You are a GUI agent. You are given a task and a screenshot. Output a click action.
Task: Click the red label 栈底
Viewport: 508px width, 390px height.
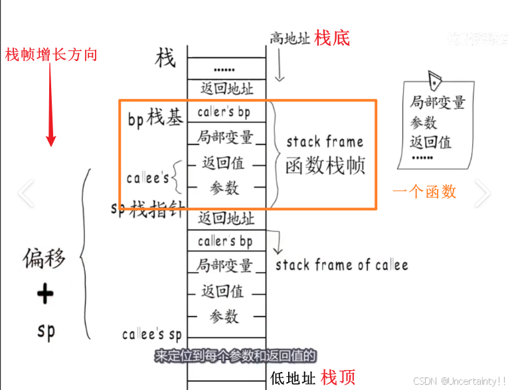[332, 38]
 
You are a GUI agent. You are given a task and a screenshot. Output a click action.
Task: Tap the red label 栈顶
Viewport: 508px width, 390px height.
[338, 377]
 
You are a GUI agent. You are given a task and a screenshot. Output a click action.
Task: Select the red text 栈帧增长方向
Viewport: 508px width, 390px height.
[51, 54]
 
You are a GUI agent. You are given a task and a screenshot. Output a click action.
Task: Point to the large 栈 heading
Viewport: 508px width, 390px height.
[165, 58]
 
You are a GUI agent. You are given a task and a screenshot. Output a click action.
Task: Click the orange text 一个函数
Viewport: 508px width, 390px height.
[424, 192]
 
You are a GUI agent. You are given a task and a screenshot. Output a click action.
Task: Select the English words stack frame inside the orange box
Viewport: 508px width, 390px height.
[325, 141]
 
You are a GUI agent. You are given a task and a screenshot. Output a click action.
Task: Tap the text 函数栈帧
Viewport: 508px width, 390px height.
[325, 165]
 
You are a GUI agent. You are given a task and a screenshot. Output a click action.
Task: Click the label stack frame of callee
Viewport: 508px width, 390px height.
[341, 265]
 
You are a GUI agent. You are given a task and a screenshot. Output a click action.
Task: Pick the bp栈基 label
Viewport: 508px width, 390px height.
[155, 119]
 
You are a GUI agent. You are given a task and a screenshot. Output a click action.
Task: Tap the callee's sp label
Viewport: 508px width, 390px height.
[152, 334]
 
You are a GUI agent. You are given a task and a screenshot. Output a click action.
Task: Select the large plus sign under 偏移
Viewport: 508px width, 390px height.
[45, 293]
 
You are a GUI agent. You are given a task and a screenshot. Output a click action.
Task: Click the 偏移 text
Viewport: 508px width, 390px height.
[45, 257]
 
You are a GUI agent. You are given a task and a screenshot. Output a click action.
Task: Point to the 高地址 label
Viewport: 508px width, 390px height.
[290, 38]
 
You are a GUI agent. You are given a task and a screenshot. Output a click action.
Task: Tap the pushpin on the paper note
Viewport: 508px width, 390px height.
[436, 80]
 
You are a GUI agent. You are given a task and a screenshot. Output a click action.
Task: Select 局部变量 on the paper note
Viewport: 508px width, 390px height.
[437, 103]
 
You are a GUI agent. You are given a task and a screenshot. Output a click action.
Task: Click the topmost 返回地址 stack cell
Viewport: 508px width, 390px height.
[226, 88]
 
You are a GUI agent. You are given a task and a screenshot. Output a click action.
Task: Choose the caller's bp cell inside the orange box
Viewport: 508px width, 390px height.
[224, 112]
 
